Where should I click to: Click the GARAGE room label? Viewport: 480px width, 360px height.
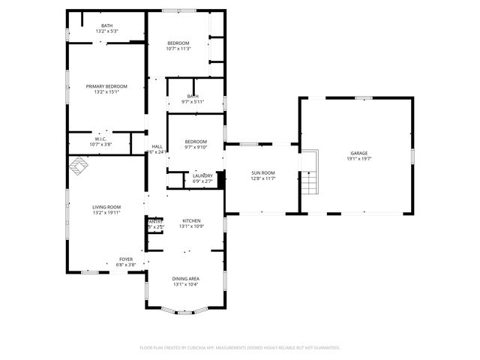[359, 153]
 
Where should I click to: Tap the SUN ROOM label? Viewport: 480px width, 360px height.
[262, 172]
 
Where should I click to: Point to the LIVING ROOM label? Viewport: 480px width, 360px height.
[106, 207]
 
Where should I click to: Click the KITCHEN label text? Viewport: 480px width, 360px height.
[191, 220]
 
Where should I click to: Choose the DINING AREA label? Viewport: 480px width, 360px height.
[186, 279]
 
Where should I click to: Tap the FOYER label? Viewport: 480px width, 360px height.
[126, 259]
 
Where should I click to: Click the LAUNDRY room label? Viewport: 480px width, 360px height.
[202, 175]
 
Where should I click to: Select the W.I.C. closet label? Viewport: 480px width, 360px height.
[100, 139]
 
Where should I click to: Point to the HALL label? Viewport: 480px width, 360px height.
[157, 146]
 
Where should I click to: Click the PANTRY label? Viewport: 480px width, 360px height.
[154, 221]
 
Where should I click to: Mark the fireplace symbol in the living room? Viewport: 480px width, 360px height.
[79, 166]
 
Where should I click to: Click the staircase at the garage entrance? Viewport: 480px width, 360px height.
[310, 182]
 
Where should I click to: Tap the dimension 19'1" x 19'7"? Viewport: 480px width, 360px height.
[359, 159]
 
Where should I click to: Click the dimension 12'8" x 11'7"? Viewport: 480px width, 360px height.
[262, 178]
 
